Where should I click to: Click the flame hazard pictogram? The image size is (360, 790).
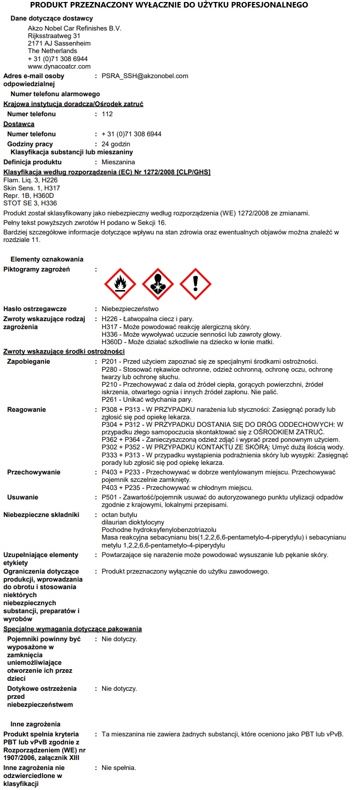click(120, 284)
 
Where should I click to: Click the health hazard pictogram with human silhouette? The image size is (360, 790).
click(158, 284)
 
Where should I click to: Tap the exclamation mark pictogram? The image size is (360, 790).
click(195, 284)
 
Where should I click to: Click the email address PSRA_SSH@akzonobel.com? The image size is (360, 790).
click(145, 76)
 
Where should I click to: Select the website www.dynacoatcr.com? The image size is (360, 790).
click(59, 66)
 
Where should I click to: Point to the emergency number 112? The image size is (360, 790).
click(107, 114)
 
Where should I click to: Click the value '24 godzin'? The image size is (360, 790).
click(116, 144)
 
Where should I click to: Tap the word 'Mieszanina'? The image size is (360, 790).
click(118, 162)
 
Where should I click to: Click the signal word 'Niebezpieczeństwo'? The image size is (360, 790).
click(130, 309)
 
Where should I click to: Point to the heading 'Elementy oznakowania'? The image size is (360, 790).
click(47, 259)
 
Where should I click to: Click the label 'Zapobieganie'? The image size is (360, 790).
click(29, 362)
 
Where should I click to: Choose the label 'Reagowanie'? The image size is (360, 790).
click(27, 410)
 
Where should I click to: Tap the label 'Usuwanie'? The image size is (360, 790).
click(22, 497)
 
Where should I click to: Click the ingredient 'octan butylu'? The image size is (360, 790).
click(119, 515)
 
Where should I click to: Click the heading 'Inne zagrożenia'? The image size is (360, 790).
click(35, 724)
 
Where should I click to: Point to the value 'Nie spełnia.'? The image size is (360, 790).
click(119, 768)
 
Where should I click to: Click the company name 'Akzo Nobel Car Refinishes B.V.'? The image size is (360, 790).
click(75, 29)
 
